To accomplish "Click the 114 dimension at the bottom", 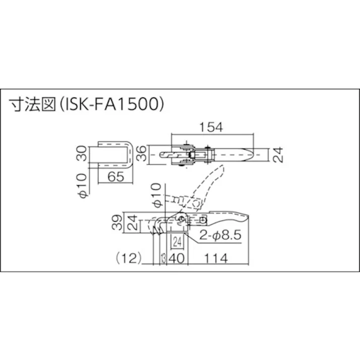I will click(215, 258).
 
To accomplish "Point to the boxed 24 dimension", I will click(177, 241).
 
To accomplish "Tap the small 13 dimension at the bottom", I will click(162, 258).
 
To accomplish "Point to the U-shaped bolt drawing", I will click(115, 154).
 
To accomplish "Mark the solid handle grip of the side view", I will click(230, 220).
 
